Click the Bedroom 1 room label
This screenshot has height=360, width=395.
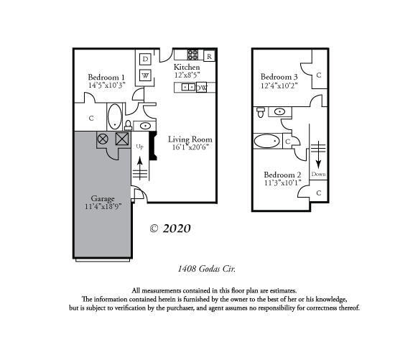coord(106,77)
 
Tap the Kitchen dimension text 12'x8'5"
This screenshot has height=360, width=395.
coord(187,75)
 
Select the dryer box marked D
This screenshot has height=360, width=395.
coord(145,59)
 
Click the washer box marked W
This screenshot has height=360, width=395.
coord(145,75)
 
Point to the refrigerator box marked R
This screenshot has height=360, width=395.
coord(209,56)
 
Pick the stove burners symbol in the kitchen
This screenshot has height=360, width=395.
coord(192,55)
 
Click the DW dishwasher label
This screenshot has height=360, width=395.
coord(202,88)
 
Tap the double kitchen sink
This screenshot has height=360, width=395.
coord(188,87)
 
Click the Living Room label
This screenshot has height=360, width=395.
coord(190,139)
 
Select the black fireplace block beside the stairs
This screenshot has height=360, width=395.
coord(153,146)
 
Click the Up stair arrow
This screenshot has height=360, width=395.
coord(140,168)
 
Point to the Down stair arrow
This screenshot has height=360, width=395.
coord(318,154)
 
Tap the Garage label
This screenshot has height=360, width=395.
coord(103,198)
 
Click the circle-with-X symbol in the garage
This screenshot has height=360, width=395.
coord(103,139)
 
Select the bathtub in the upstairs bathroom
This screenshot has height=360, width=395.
coord(266,141)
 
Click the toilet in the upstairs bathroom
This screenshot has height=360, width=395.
coord(261,112)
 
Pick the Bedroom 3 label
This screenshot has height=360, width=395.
coord(279,76)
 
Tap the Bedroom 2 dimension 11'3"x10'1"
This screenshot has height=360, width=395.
coord(283,183)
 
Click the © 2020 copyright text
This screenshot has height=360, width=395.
coord(170,229)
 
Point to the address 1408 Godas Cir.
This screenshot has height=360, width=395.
coord(207,269)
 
